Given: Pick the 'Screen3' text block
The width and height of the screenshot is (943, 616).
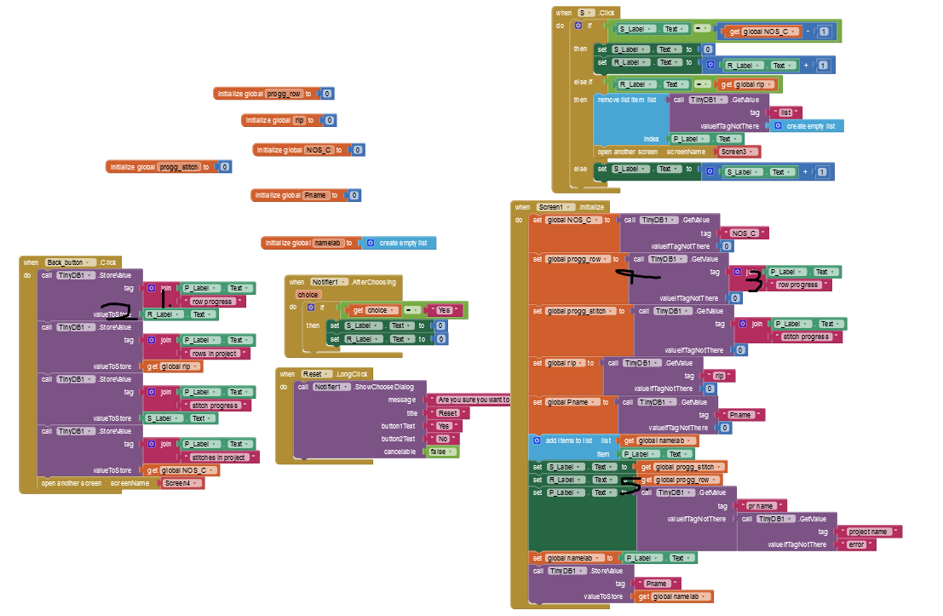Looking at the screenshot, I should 738,152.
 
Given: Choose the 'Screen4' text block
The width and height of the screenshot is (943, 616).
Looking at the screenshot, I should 182,483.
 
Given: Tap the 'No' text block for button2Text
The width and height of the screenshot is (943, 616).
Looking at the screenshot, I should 442,439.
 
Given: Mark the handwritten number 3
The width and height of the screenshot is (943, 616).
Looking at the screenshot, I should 752,283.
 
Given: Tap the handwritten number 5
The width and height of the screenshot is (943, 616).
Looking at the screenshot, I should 630,483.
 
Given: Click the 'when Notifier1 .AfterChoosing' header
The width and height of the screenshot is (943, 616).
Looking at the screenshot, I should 341,282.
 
